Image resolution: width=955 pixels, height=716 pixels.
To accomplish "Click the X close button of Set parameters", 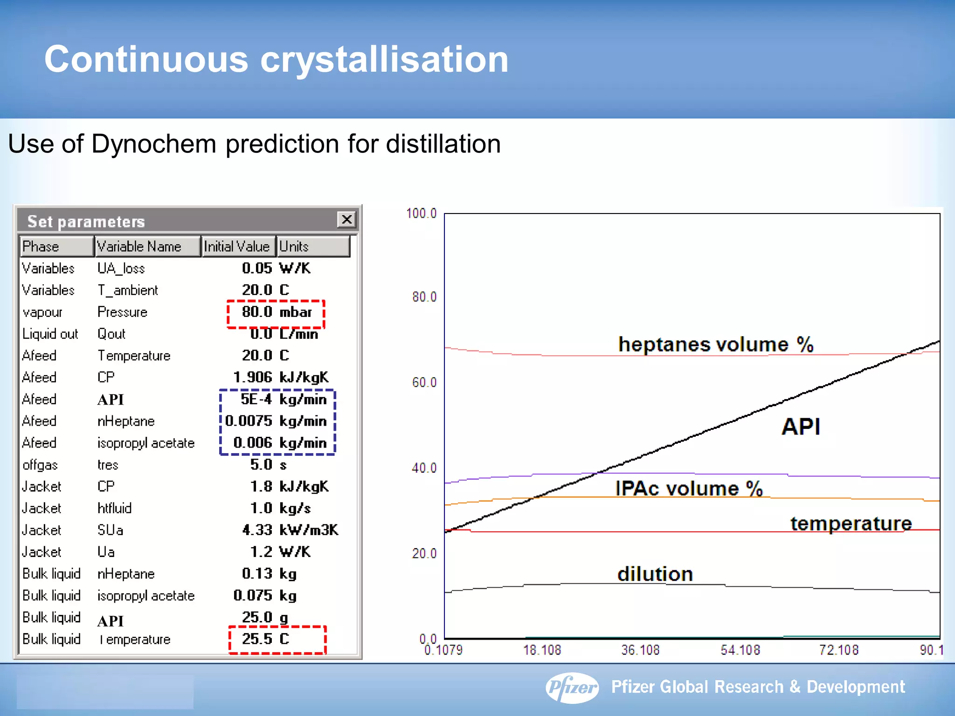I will (346, 220).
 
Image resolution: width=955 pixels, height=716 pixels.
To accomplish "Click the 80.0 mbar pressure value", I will (276, 312).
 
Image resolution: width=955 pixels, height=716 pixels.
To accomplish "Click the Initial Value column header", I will (237, 246).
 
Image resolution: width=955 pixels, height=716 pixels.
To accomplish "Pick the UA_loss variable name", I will (121, 268).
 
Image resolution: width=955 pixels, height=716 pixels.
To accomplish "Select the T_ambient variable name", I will (128, 290).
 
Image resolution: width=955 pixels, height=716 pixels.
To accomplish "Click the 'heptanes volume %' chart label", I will (715, 344).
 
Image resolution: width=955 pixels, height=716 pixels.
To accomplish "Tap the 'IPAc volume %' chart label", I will (688, 489).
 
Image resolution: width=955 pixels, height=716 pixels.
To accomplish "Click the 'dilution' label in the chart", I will (655, 574).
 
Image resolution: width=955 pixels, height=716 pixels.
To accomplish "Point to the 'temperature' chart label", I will (851, 523).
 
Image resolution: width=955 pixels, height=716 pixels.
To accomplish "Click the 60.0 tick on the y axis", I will (424, 383).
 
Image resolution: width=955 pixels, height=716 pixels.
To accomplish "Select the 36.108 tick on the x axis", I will (640, 650).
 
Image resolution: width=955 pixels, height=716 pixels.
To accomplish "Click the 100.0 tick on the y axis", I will (421, 213).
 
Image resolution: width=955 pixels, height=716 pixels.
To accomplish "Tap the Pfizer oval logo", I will (572, 687).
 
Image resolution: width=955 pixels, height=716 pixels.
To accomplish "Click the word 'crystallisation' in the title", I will (384, 59).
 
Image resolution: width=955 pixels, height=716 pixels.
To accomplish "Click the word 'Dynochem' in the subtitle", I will (154, 144).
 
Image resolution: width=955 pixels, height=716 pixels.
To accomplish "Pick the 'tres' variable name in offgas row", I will (108, 465).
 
